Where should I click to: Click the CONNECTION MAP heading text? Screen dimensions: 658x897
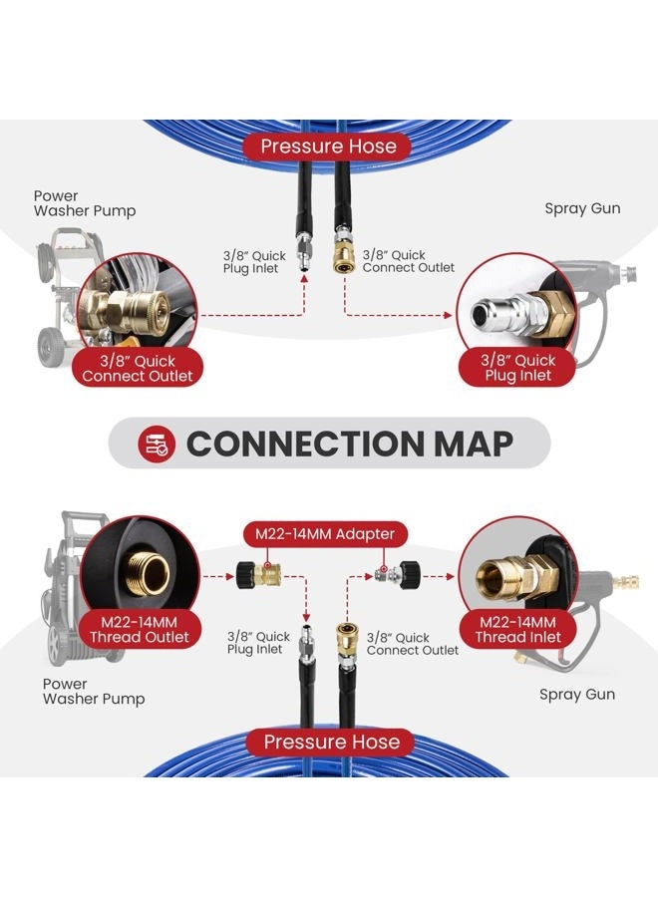coord(349,444)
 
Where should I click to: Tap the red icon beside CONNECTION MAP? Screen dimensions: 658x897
coord(157,444)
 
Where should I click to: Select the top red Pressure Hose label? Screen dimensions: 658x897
coord(328,147)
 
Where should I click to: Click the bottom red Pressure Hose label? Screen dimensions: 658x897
coord(331,742)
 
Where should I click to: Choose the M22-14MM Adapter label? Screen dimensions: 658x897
coord(325,534)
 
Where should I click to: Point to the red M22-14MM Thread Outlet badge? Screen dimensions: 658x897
coord(139,630)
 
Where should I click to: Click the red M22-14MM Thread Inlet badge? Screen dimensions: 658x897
coord(517,630)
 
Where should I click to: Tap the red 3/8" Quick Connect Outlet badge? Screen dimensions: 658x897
coord(138,369)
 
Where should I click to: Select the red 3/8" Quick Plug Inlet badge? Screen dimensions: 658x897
coord(517,368)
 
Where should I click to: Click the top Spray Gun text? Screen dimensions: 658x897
coord(582,209)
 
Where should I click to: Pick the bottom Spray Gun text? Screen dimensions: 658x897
coord(577,695)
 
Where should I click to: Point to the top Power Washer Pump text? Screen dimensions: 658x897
coord(85,203)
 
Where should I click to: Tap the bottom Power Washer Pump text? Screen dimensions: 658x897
coord(94,692)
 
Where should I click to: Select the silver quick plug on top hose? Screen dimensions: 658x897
coord(303,249)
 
